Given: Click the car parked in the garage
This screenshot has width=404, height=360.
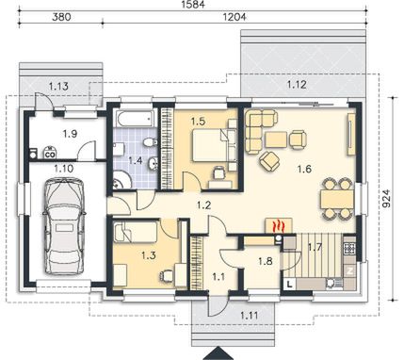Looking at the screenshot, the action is tap(64, 225).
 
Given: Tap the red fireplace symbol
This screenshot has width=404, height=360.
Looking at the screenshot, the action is tap(279, 226).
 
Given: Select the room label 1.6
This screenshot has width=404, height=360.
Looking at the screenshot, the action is tap(304, 169).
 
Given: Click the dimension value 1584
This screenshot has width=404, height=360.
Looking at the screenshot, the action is tap(193, 5).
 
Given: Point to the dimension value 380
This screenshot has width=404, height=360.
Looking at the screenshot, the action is tap(61, 17).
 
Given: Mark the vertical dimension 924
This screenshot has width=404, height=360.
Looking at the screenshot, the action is tap(387, 198).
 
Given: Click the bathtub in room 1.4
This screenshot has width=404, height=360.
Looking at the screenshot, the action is tap(135, 119).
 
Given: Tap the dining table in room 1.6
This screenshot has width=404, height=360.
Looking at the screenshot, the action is tap(337, 199).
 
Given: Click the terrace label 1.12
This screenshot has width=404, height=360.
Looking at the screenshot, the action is tap(297, 85).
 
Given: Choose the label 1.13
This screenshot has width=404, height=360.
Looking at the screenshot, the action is tap(58, 86).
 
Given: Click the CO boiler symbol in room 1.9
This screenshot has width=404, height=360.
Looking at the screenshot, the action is tap(50, 153).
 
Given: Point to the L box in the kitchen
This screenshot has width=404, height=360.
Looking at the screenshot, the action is tap(290, 285).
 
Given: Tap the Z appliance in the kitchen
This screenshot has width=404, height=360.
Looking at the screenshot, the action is tap(350, 270).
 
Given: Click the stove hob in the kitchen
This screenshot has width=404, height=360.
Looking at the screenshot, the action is tap(350, 249).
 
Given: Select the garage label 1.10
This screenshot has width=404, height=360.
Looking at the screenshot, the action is tap(64, 169).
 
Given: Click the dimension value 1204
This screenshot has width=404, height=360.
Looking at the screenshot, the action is tap(234, 17).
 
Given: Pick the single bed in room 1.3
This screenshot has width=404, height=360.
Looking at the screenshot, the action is tap(136, 232).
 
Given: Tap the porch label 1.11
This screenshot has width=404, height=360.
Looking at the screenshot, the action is tap(250, 315).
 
